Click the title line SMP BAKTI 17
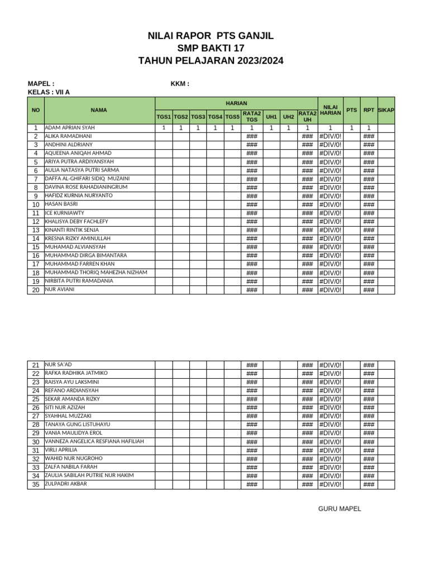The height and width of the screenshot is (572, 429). coord(211,49)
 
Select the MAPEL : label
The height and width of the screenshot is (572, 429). coord(41,84)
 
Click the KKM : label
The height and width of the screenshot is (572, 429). coord(180,84)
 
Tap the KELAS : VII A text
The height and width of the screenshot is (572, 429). coord(49,92)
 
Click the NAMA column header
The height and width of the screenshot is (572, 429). coord(99,110)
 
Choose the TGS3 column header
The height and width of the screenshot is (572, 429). coord(198,117)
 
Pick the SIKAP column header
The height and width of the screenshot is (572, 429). coord(386,110)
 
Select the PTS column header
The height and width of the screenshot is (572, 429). coord(351,110)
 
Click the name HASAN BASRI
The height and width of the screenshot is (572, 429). coord(61,204)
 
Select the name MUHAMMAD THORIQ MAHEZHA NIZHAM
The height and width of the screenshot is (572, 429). coord(96,273)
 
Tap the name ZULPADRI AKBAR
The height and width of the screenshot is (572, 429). coord(66,484)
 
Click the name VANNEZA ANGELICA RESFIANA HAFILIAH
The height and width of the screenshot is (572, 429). coord(94,441)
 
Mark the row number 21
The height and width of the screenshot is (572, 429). coord(35,365)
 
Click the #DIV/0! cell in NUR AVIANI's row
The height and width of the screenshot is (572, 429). coord(330,290)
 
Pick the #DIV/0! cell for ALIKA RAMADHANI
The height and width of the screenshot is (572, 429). coord(330,136)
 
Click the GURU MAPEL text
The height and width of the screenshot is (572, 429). coord(340,509)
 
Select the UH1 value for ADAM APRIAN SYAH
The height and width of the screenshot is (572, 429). coord(271,128)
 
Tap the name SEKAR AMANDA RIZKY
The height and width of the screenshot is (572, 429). coord(71,399)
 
